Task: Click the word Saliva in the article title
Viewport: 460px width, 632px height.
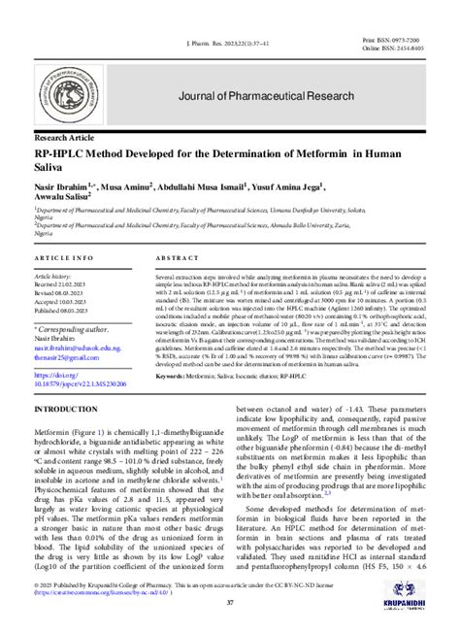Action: (54, 169)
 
